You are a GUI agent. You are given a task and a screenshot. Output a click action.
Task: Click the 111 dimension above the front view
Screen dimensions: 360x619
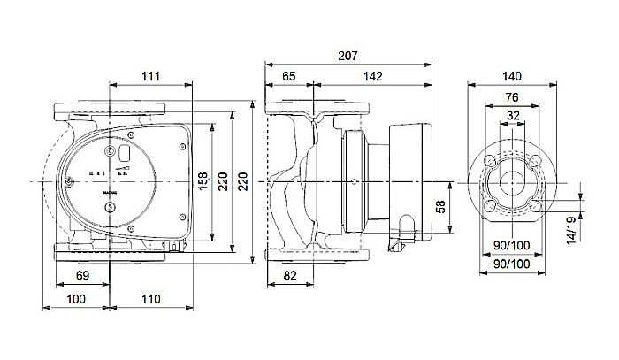(x=150, y=78)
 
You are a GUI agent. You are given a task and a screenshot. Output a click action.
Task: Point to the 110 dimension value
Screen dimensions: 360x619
(x=151, y=300)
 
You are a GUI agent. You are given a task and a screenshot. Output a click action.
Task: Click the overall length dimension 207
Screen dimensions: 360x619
(x=348, y=56)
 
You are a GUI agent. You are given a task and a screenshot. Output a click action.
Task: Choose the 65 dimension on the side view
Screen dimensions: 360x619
(x=288, y=78)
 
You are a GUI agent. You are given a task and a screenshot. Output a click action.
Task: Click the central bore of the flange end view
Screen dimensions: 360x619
(x=512, y=181)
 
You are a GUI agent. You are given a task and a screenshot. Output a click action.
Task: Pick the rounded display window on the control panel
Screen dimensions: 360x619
(x=124, y=156)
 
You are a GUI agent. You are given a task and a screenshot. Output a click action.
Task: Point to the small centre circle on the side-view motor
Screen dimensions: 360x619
(x=354, y=181)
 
